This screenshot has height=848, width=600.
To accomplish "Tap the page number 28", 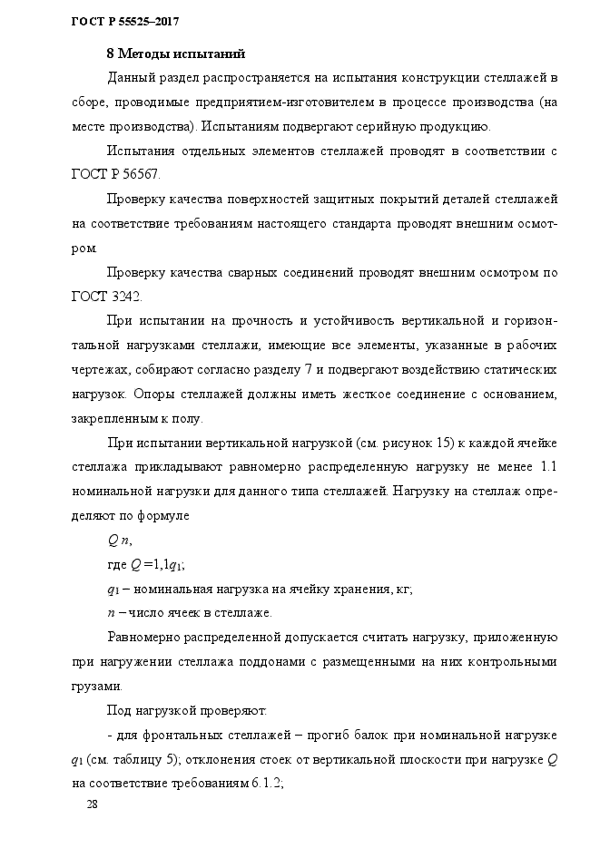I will (91, 804).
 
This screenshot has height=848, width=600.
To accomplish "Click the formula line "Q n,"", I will (120, 541).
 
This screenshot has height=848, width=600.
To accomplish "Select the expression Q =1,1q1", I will (157, 565).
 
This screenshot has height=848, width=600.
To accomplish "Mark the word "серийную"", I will (398, 125).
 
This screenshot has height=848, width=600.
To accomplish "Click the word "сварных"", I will (237, 272).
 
